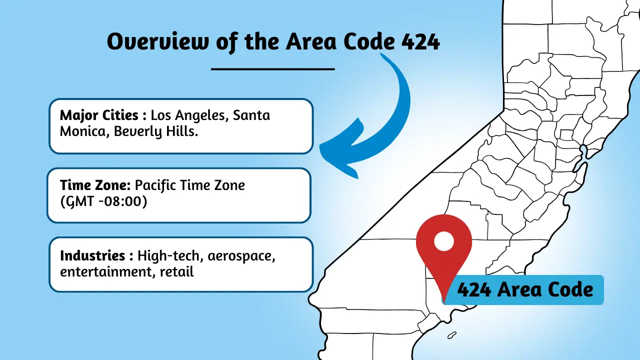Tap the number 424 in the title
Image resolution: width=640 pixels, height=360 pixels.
coord(420,42)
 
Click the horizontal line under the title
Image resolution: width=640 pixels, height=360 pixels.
coord(272,69)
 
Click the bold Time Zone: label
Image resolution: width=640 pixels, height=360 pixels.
coord(95,185)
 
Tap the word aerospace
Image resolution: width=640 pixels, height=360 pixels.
coord(242,256)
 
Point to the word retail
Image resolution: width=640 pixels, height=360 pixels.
coord(177,272)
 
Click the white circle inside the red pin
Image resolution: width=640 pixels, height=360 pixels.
coord(443,241)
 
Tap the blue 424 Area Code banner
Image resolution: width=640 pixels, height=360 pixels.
coord(525,289)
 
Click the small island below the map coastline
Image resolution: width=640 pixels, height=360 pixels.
coord(452,334)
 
